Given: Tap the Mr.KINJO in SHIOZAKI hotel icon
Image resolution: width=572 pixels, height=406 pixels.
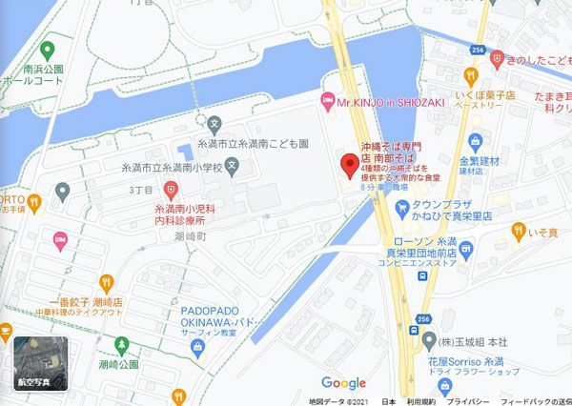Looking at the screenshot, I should pos(328,100).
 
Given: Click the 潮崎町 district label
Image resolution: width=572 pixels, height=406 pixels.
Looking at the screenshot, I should pos(192,234).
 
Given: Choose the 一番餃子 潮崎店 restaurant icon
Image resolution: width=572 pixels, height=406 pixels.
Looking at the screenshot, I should pos(106,281).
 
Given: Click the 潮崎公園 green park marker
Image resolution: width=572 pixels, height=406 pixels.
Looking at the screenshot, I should pos(121,344).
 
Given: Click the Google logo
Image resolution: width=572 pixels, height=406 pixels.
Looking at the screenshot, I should pos(343,382).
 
